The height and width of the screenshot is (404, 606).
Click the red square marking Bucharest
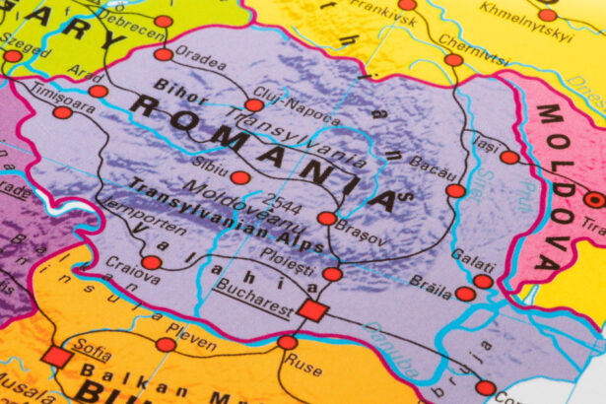click(312, 310)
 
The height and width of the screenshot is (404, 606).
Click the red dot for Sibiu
click(239, 177)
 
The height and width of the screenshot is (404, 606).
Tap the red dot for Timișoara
click(62, 111)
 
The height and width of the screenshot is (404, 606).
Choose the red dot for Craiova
click(151, 262)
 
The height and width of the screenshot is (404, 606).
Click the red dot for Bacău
click(454, 190)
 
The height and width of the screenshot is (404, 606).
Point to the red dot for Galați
click(482, 281)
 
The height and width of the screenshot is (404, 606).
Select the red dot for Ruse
click(287, 342)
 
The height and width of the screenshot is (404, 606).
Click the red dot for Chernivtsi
click(453, 60)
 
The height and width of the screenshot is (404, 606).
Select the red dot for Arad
click(98, 91)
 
